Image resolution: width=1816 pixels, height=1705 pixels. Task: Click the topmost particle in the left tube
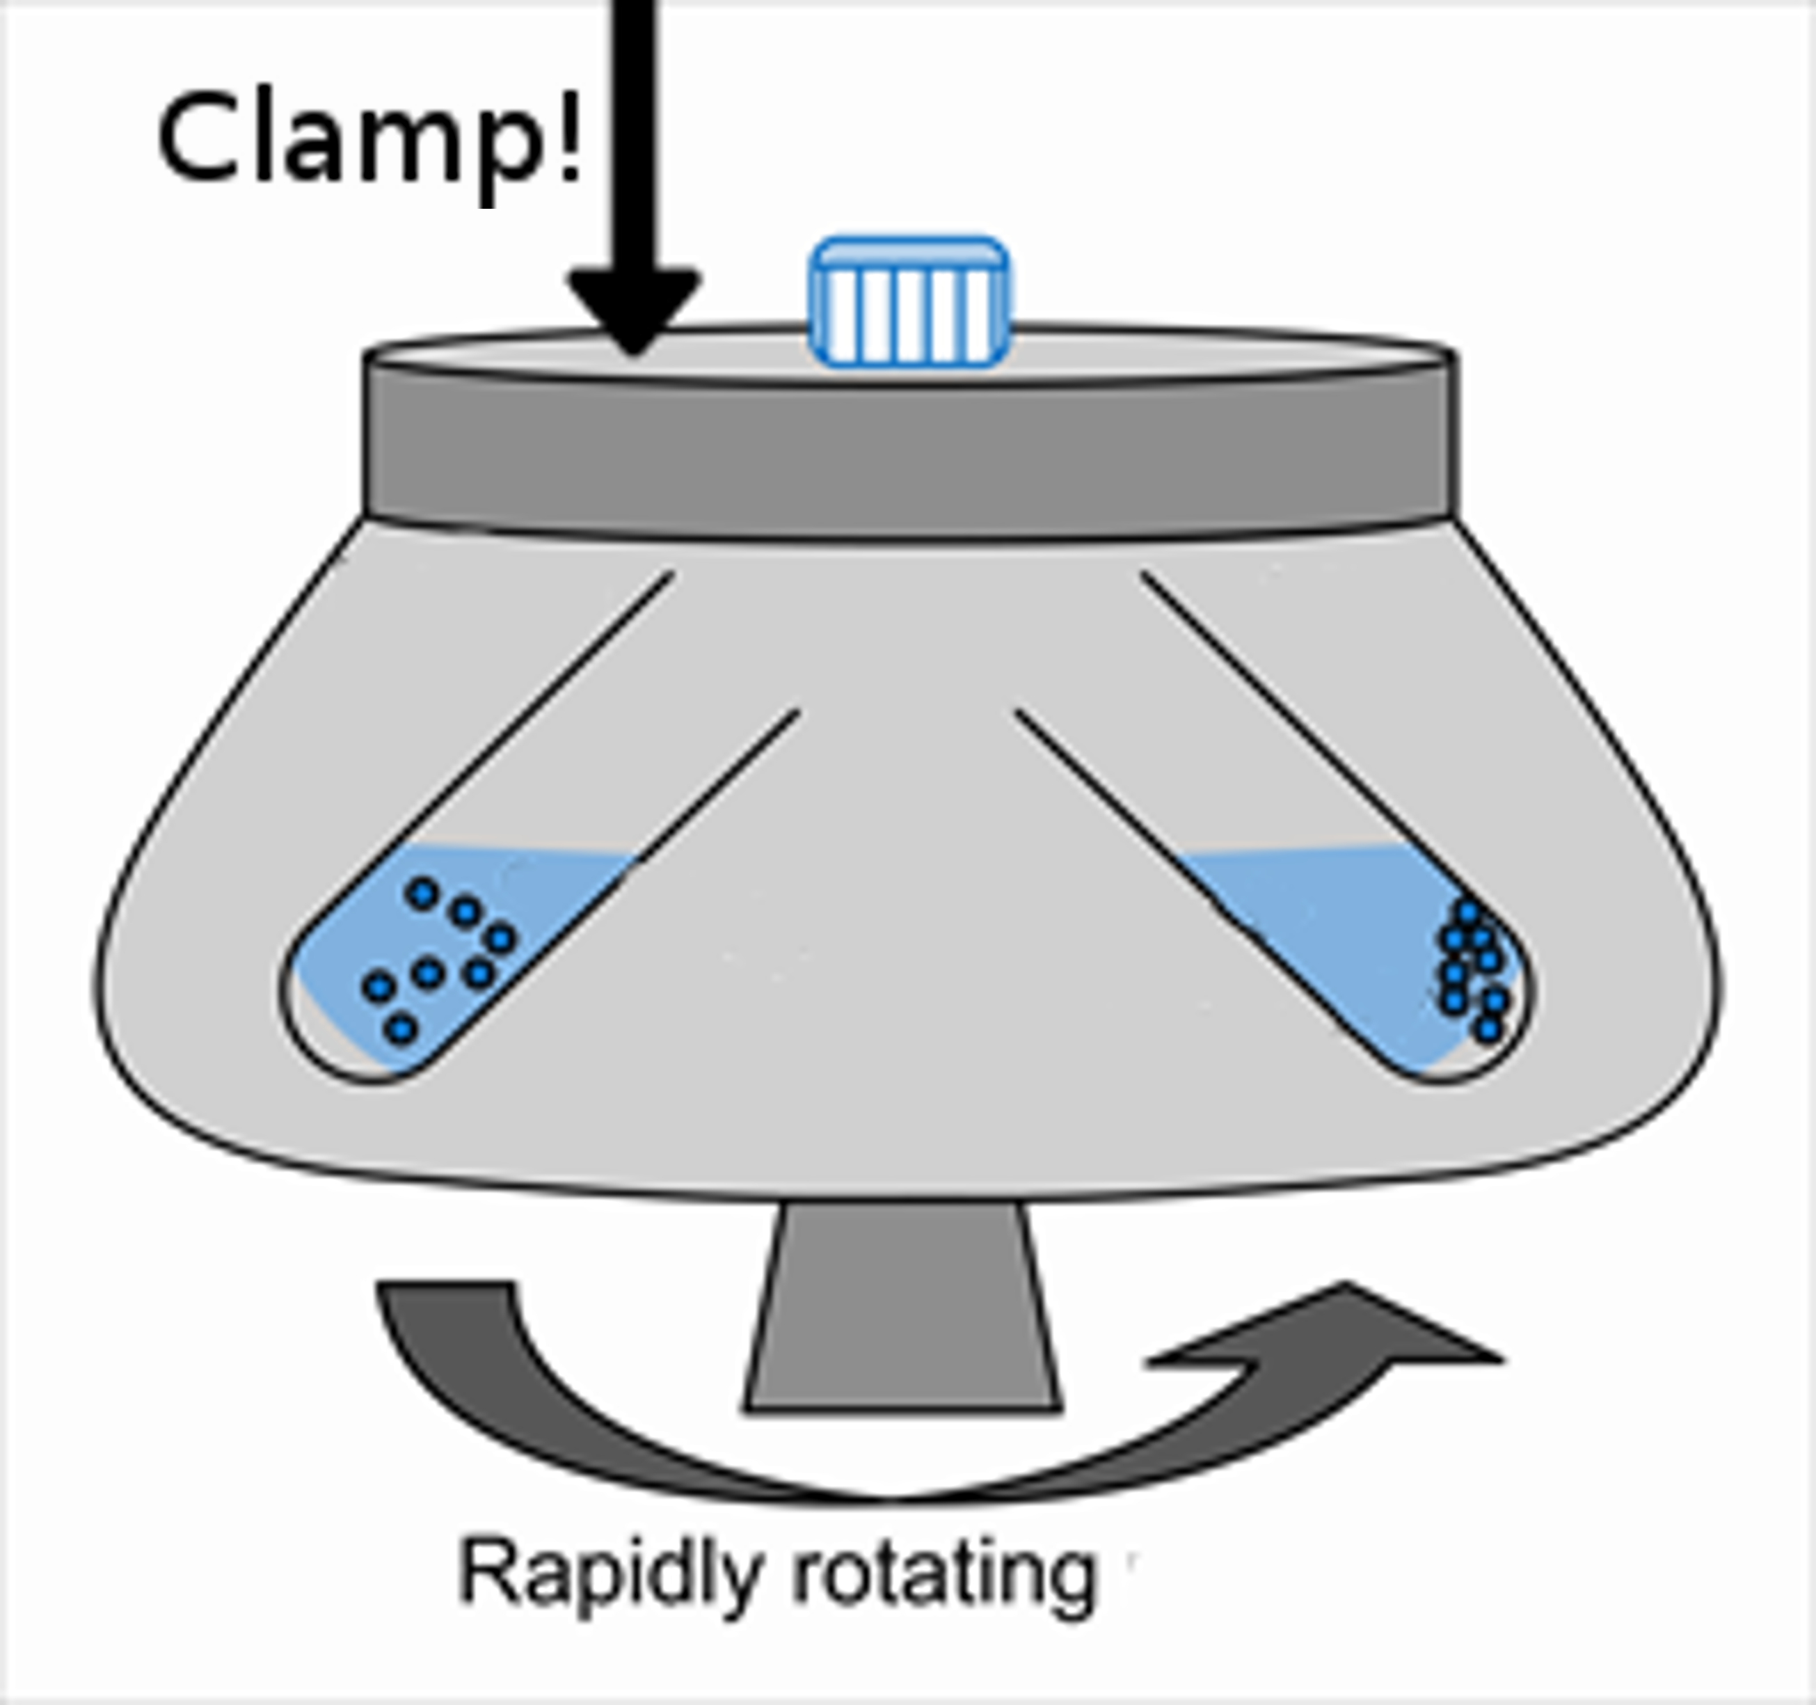click(422, 893)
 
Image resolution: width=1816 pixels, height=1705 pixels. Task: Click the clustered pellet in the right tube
click(1472, 969)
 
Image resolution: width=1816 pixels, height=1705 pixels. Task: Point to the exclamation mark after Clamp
click(572, 137)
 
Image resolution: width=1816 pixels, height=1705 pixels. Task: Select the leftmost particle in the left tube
click(379, 986)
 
